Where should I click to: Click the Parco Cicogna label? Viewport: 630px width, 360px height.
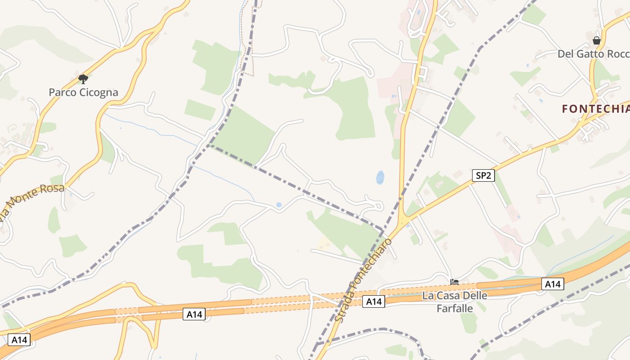[83, 92]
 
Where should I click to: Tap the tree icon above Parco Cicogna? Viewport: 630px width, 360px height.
[83, 79]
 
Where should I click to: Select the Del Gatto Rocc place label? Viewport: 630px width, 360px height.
[593, 54]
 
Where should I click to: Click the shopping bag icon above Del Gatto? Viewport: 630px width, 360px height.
[597, 40]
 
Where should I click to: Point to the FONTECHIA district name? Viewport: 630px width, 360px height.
[595, 109]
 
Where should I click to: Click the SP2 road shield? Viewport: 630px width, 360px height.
[483, 175]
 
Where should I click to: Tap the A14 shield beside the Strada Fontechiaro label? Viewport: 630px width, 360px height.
[373, 301]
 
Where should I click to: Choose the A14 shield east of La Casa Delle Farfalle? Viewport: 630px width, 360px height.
[552, 284]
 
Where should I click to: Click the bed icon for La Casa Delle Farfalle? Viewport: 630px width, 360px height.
[454, 283]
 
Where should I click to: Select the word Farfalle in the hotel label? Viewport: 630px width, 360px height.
[454, 308]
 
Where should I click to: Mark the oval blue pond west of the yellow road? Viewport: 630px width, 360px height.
[380, 177]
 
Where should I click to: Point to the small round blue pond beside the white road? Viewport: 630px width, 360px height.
[279, 205]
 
